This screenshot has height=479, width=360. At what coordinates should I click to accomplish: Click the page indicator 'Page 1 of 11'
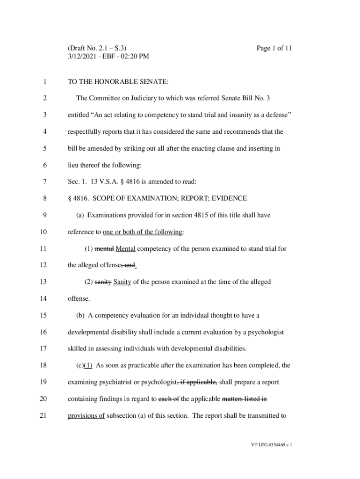pos(274,48)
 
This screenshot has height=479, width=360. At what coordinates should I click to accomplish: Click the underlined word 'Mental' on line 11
pos(125,249)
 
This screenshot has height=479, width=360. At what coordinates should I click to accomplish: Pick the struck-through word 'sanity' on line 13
pos(103,282)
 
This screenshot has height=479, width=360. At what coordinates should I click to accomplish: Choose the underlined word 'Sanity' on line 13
pos(122,282)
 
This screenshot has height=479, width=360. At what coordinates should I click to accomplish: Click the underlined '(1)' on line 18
pos(88,365)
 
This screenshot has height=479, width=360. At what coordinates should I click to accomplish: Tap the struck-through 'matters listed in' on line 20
pos(244,399)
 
